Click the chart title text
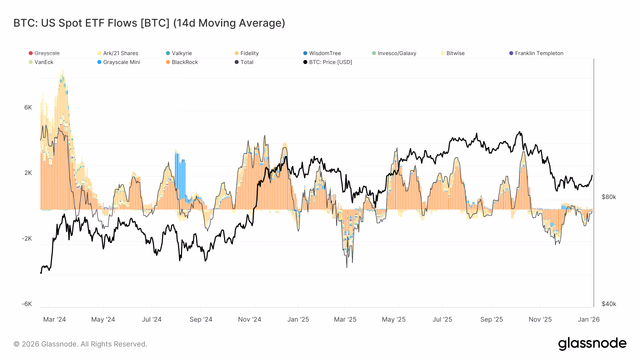149,23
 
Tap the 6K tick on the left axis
28,107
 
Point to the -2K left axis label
27,238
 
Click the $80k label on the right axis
609,197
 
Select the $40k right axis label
609,304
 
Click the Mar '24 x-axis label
54,319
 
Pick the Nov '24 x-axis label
250,319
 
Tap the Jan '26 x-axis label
588,319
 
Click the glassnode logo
592,344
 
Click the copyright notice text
80,344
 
